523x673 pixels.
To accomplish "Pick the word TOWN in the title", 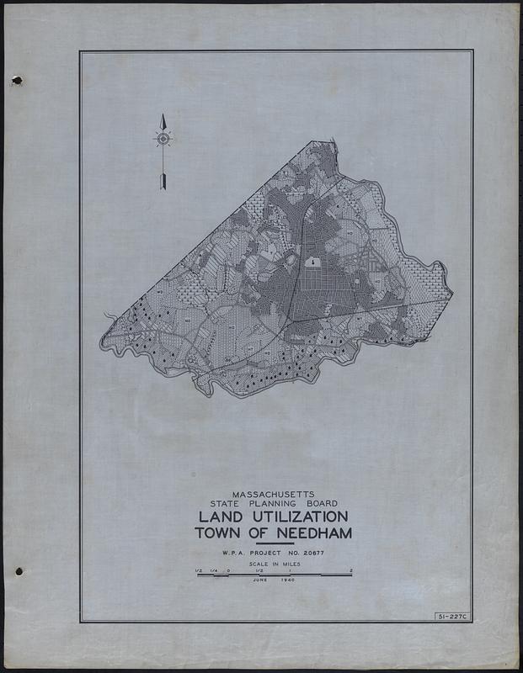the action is coord(218,533).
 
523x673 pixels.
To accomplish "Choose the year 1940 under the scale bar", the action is coord(291,581).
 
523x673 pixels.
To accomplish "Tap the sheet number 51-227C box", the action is coord(452,617).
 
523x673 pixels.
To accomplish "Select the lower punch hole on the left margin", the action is coord(18,571).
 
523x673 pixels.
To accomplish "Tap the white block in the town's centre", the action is coord(312,262).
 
